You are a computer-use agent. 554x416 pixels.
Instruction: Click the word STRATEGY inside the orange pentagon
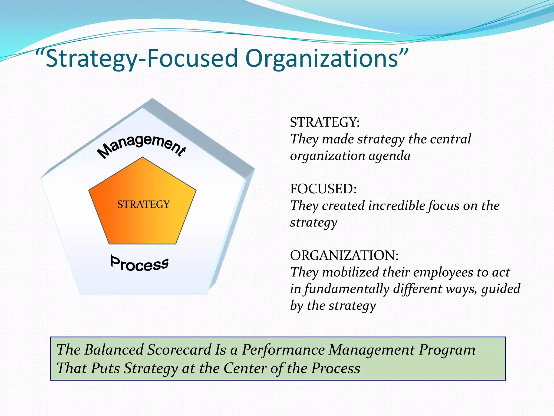tap(143, 204)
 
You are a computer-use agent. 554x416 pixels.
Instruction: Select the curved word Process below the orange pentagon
tap(140, 264)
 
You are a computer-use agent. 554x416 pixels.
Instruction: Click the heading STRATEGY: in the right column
tap(325, 122)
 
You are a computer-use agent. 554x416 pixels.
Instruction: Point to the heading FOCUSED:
tap(323, 189)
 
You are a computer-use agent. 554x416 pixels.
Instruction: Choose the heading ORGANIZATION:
tap(344, 255)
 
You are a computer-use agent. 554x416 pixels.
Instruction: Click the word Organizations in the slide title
tap(322, 59)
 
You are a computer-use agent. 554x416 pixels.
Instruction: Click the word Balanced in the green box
tap(114, 350)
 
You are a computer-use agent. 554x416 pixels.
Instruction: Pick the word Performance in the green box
tap(283, 350)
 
